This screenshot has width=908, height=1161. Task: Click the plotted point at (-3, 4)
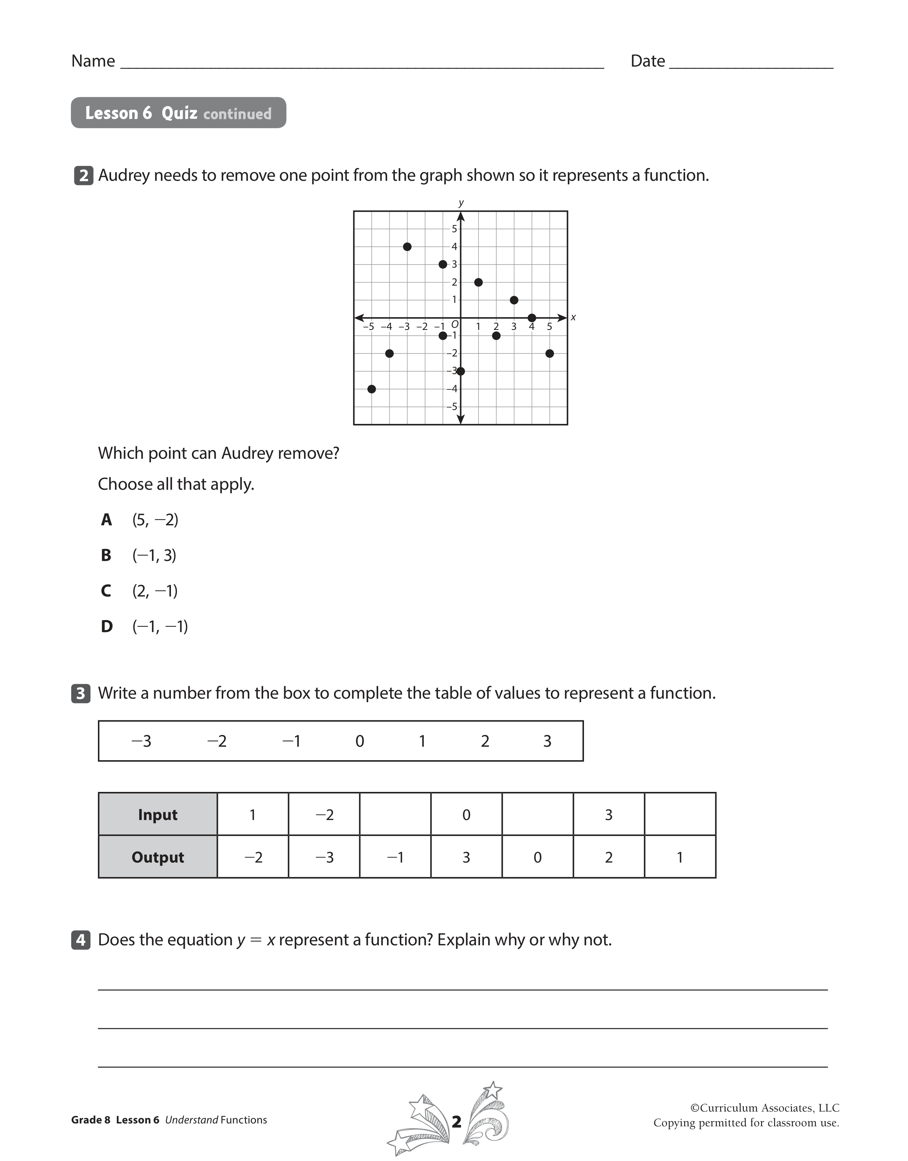407,247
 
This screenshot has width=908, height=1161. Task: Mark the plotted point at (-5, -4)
372,389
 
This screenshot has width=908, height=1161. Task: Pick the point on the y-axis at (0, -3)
461,371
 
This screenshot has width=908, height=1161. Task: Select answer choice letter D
106,626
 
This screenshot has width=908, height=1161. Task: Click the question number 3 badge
81,693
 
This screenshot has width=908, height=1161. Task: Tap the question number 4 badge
81,940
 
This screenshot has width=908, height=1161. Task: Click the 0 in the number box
360,741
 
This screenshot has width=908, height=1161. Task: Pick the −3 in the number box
141,741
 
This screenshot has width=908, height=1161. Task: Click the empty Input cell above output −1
395,814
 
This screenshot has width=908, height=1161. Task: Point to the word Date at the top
647,61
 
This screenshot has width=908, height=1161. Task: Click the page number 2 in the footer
456,1121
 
